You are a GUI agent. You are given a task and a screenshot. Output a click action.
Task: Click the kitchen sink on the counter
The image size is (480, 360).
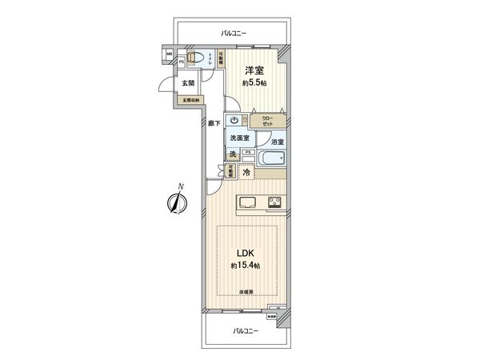pyautogui.click(x=246, y=202)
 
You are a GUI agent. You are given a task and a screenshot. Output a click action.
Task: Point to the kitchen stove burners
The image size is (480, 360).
pyautogui.click(x=274, y=202)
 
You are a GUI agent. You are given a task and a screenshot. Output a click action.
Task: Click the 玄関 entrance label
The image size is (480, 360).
pyautogui.click(x=187, y=82)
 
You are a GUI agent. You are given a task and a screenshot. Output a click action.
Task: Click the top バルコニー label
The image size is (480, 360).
pyautogui.click(x=234, y=34)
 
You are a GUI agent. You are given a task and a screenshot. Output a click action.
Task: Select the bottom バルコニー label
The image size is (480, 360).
pyautogui.click(x=246, y=330)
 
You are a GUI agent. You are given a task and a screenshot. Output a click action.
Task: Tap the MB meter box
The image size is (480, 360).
pyautogui.click(x=169, y=54)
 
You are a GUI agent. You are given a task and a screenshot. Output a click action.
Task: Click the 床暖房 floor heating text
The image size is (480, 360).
pyautogui.click(x=246, y=293)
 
